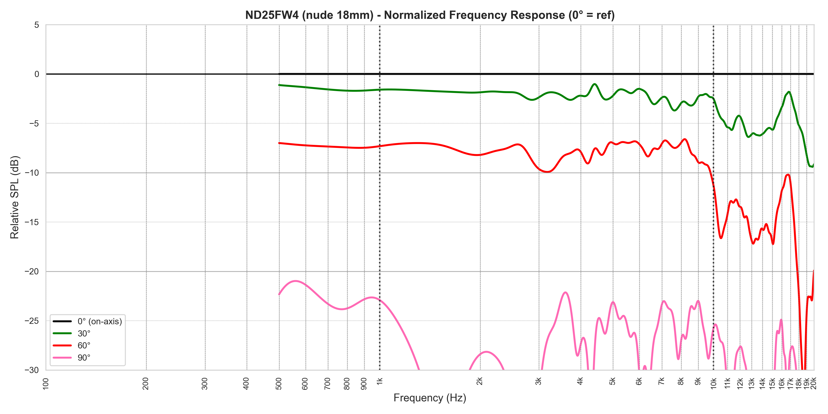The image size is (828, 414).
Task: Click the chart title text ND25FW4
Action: tap(430, 15)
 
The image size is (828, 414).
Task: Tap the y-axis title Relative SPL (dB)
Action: tap(15, 197)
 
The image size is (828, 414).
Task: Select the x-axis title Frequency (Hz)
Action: tap(430, 398)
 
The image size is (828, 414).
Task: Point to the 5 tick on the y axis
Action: tap(37, 25)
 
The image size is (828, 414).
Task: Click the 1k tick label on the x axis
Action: tap(379, 382)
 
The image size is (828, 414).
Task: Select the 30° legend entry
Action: tap(84, 333)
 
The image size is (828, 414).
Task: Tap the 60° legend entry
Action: tap(84, 345)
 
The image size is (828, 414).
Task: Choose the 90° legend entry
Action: tap(84, 357)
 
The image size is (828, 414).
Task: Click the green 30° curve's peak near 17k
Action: tap(788, 92)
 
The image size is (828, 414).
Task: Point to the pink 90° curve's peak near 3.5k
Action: tap(565, 293)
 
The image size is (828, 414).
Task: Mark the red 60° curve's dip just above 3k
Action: tap(547, 172)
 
